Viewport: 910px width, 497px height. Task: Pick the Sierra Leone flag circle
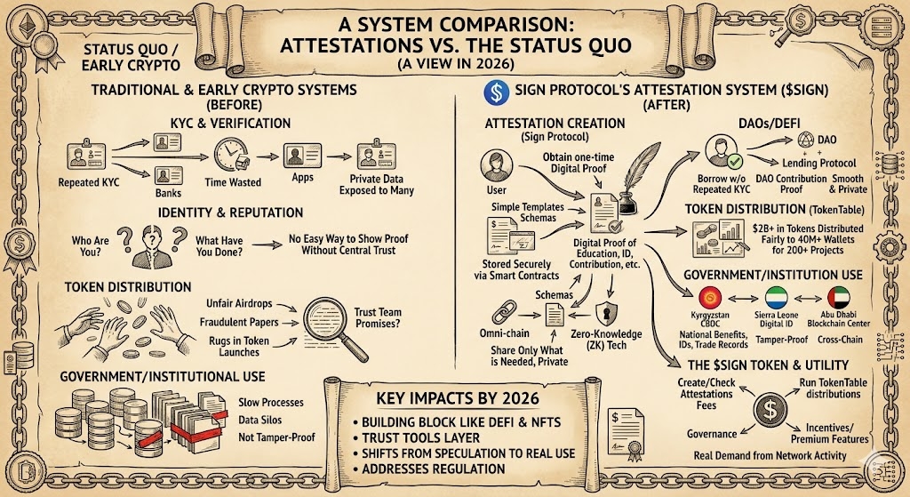point(778,299)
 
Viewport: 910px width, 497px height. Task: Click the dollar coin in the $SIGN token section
point(768,413)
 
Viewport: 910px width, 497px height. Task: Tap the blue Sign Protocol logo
point(492,92)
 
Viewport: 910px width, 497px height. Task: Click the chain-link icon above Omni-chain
point(504,313)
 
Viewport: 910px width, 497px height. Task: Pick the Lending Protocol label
point(818,164)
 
